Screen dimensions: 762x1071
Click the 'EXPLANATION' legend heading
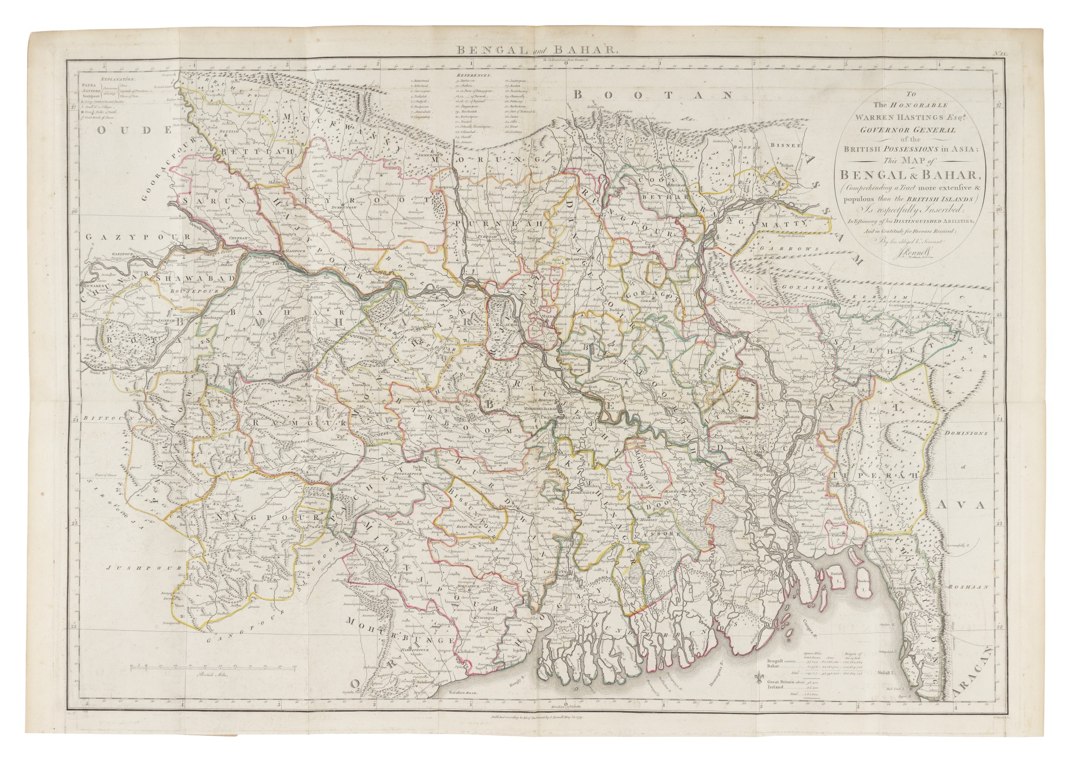point(107,77)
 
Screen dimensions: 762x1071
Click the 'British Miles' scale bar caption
point(213,676)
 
